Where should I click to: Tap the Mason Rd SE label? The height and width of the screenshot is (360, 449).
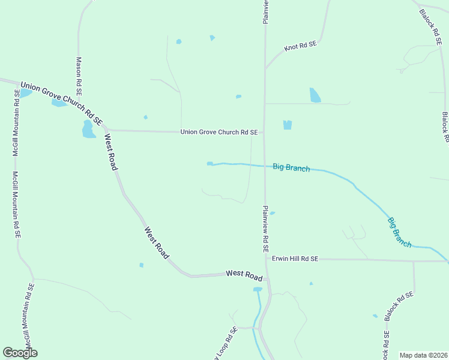pyautogui.click(x=78, y=77)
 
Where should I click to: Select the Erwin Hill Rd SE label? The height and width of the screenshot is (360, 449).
pyautogui.click(x=294, y=259)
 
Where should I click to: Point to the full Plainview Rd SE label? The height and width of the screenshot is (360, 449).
pyautogui.click(x=265, y=229)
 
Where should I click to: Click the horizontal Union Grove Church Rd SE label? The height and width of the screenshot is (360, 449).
pyautogui.click(x=219, y=132)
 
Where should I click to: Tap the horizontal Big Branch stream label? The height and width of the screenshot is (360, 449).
pyautogui.click(x=291, y=168)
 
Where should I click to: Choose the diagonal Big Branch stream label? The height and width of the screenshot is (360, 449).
pyautogui.click(x=399, y=232)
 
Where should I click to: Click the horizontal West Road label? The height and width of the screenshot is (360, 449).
pyautogui.click(x=244, y=275)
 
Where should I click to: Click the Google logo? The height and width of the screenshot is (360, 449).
pyautogui.click(x=20, y=353)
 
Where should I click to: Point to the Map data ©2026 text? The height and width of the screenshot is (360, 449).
pyautogui.click(x=423, y=355)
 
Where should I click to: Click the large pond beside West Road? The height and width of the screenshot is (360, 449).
pyautogui.click(x=88, y=129)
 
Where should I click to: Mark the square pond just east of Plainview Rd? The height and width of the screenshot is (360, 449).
pyautogui.click(x=287, y=125)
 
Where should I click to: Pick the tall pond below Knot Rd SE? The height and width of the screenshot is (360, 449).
pyautogui.click(x=315, y=95)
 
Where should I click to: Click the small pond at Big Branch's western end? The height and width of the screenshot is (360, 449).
pyautogui.click(x=209, y=163)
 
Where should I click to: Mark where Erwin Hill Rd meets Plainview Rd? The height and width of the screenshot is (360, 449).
pyautogui.click(x=265, y=259)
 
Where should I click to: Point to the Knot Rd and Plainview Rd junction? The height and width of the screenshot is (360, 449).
pyautogui.click(x=265, y=67)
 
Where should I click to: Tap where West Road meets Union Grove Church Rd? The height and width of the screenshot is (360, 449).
pyautogui.click(x=105, y=129)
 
